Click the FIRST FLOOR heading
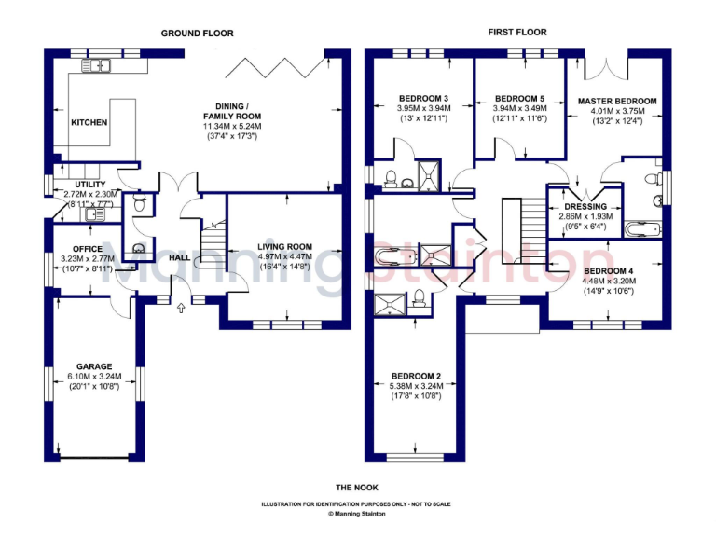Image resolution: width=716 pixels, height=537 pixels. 517,33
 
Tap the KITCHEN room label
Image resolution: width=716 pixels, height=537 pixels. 89,122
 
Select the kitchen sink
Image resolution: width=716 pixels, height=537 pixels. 96,64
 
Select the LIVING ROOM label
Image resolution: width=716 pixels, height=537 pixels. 285,247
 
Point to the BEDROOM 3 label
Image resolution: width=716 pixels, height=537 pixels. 424,98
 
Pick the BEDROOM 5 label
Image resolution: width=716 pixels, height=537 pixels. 519,98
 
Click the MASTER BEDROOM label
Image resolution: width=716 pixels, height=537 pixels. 617,101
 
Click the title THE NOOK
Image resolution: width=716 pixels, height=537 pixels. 356,488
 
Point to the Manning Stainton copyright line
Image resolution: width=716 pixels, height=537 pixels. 356,513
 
